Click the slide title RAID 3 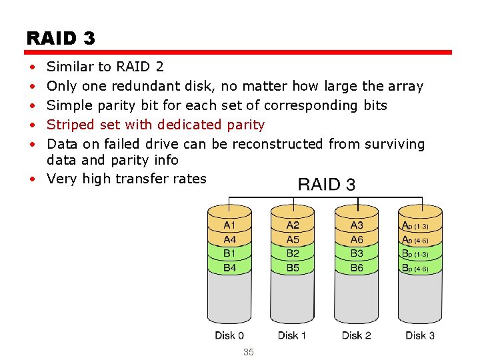click(x=61, y=38)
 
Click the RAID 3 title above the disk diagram click(x=326, y=184)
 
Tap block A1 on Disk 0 click(x=230, y=226)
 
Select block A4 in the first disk click(x=230, y=239)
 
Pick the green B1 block click(x=230, y=253)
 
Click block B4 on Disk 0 click(x=230, y=267)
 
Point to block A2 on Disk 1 click(x=293, y=226)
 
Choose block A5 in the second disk click(x=293, y=239)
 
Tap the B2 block click(x=293, y=253)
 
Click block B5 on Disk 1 click(x=293, y=267)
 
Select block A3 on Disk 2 click(x=357, y=226)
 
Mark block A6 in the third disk click(x=357, y=239)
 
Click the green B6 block click(x=357, y=267)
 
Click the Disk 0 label click(x=229, y=335)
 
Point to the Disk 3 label click(x=420, y=335)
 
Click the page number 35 click(x=249, y=352)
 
